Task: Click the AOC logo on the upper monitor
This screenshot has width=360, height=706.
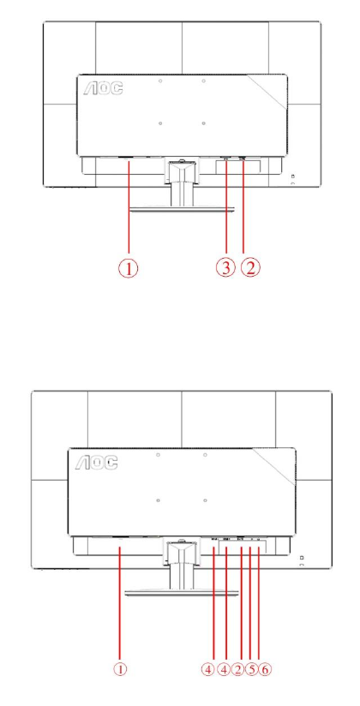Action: pyautogui.click(x=103, y=87)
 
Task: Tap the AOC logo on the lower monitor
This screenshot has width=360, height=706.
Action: pyautogui.click(x=96, y=462)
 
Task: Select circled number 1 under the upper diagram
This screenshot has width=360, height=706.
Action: pyautogui.click(x=129, y=268)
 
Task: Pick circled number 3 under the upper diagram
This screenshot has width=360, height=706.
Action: pyautogui.click(x=225, y=268)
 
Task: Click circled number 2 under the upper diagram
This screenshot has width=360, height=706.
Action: pyautogui.click(x=250, y=268)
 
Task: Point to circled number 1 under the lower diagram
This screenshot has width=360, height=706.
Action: pyautogui.click(x=120, y=669)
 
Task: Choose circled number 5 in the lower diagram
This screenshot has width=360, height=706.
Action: pyautogui.click(x=251, y=669)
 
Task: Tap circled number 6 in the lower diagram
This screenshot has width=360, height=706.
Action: pyautogui.click(x=265, y=669)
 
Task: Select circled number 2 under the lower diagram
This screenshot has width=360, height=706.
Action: pyautogui.click(x=238, y=669)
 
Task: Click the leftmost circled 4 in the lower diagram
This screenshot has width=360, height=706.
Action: pyautogui.click(x=207, y=669)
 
